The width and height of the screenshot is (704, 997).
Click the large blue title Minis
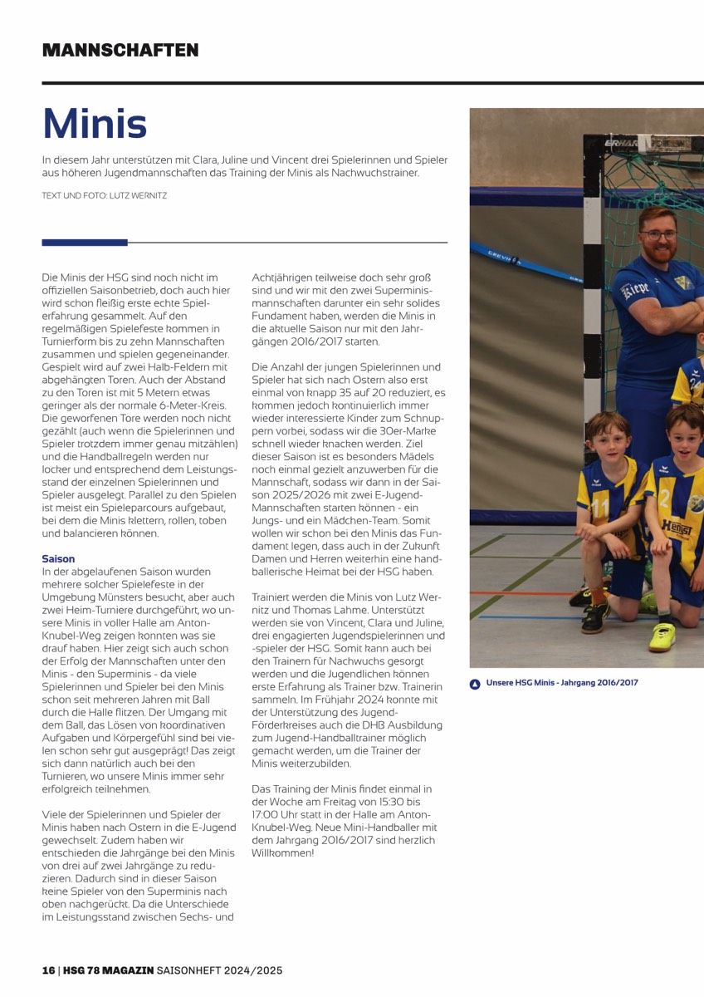(x=95, y=123)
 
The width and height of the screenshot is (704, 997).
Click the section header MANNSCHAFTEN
(x=120, y=50)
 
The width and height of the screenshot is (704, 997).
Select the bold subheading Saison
(x=58, y=559)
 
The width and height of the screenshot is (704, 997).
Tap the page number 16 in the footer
(x=49, y=970)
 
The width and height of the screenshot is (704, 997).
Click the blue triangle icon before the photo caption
(x=475, y=685)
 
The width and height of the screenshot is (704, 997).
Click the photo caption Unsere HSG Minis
(x=562, y=684)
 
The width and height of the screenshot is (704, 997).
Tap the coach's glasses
(x=659, y=236)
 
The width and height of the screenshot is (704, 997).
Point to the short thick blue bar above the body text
(x=85, y=243)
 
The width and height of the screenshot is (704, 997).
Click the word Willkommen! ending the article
(x=283, y=853)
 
